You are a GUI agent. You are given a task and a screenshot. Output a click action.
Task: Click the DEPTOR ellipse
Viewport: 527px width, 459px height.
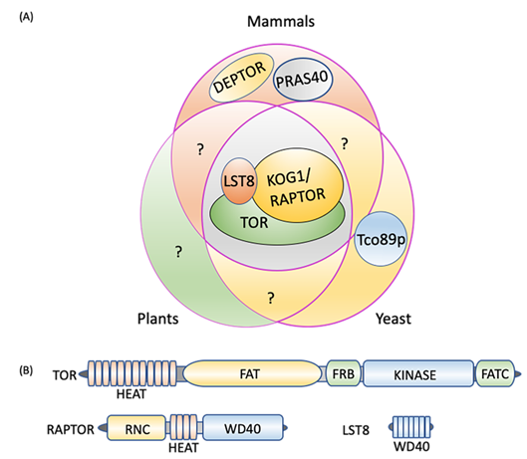tap(242, 78)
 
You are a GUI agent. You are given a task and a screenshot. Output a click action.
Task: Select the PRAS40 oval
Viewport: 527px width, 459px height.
tap(303, 80)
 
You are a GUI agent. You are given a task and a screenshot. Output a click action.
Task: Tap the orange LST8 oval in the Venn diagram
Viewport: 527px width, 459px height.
tap(239, 181)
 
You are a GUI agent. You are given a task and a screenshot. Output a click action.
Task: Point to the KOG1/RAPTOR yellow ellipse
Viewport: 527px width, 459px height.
tap(298, 185)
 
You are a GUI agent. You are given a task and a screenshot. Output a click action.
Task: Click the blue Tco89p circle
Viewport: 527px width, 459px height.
tap(381, 239)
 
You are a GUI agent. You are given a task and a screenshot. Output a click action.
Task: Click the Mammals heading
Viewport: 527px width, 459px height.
tap(281, 22)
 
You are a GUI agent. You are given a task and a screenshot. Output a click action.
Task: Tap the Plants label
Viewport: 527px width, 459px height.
tap(158, 319)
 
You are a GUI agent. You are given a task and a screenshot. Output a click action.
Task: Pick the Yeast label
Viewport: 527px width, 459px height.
tap(394, 319)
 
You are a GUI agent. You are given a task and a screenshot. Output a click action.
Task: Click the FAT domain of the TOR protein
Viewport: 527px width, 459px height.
tap(252, 373)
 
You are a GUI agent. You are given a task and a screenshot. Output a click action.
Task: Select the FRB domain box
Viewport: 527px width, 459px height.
tap(344, 373)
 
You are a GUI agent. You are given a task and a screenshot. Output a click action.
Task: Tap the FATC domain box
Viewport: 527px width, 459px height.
tap(495, 373)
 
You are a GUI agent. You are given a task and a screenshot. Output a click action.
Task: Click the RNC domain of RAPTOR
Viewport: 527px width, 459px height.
tap(136, 428)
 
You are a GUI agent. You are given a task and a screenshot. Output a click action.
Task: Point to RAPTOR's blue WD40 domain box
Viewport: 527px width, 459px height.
tap(243, 427)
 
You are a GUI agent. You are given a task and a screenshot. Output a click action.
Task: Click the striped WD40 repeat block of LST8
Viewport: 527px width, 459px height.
tap(411, 427)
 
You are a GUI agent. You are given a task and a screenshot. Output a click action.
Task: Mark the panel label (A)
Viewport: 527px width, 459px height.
tap(26, 17)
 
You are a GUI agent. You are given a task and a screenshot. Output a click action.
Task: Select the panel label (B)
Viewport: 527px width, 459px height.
tap(26, 370)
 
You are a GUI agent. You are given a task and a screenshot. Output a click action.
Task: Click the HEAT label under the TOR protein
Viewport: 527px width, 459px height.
tap(132, 394)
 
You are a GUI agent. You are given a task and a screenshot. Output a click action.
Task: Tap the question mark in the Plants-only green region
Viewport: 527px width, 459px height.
tap(178, 251)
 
